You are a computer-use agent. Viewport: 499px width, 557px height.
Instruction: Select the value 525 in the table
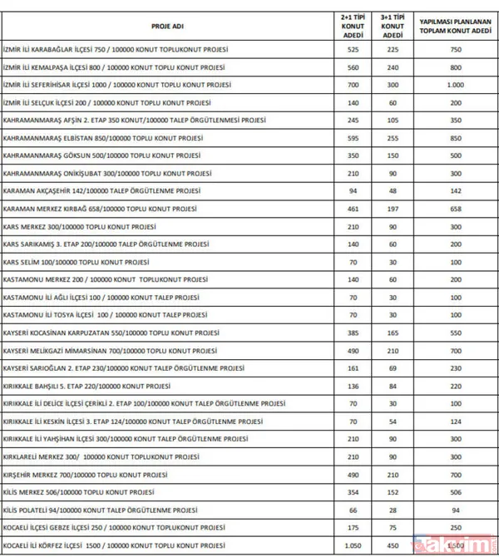click(353, 50)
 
